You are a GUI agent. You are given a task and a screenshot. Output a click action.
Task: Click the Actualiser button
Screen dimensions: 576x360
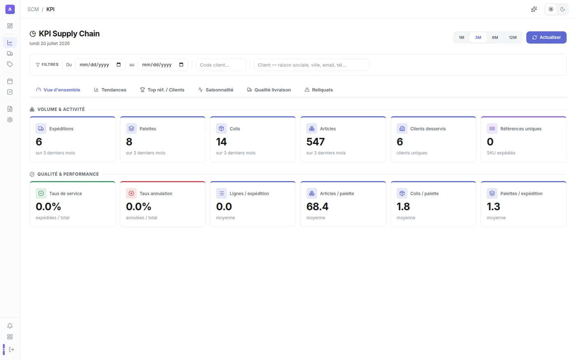point(546,37)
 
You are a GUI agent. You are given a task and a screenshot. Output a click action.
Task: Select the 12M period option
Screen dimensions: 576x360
point(513,37)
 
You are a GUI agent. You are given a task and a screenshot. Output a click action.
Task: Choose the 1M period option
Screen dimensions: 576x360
point(461,37)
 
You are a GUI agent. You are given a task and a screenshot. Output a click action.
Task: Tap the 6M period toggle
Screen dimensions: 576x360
point(495,37)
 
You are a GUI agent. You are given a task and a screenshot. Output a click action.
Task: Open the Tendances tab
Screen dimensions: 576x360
point(110,90)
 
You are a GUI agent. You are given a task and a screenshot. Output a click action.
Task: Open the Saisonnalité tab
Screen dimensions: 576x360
point(216,90)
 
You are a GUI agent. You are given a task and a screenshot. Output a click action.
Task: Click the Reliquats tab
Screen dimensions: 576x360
point(318,90)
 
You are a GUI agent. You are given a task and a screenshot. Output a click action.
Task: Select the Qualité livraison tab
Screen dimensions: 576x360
point(269,90)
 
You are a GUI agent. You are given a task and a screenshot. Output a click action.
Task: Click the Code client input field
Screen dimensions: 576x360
point(221,65)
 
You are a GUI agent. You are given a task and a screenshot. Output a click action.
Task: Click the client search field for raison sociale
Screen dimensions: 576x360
point(311,65)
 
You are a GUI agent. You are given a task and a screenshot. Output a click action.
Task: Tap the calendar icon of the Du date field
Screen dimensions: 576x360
point(118,65)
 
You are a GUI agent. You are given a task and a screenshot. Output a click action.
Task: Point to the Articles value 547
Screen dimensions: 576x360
point(316,142)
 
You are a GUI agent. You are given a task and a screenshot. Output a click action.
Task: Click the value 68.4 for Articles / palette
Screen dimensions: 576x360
point(317,207)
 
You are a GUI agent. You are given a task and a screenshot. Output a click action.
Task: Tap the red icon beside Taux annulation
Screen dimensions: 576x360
point(131,193)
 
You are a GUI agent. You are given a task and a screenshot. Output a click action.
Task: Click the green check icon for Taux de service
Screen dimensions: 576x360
point(41,193)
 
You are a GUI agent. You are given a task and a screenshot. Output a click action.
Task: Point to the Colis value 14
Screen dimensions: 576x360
point(221,142)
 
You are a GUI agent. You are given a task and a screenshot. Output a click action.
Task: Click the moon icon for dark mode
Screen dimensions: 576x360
point(562,9)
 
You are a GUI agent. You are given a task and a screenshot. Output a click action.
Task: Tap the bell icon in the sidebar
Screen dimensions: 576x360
point(10,326)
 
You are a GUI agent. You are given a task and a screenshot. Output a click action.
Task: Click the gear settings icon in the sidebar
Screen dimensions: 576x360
point(10,120)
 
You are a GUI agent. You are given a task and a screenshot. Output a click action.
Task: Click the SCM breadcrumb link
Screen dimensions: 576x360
point(33,9)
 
